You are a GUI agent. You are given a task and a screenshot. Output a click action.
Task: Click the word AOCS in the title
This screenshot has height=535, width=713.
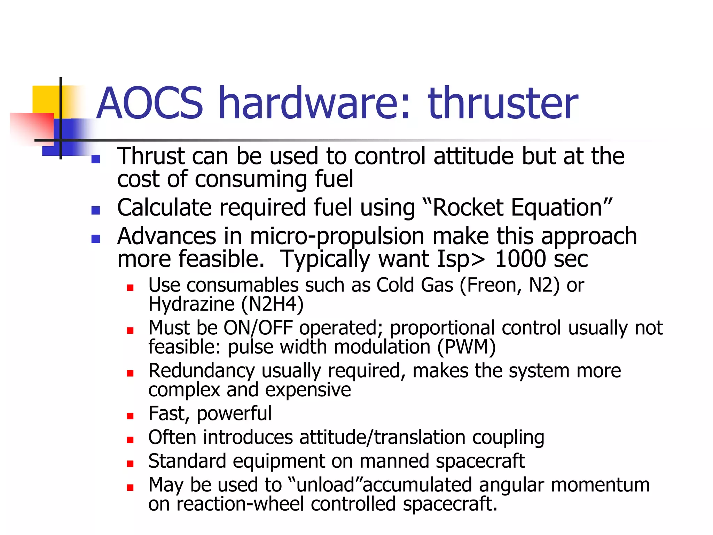click(150, 103)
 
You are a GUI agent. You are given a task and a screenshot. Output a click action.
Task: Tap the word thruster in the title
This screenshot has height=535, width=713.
click(503, 103)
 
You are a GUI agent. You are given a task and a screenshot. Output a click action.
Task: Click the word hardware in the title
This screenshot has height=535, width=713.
click(315, 103)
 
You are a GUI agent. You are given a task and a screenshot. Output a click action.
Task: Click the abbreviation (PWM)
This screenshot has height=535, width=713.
click(466, 347)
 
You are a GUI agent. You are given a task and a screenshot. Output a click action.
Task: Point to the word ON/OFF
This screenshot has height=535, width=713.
click(258, 328)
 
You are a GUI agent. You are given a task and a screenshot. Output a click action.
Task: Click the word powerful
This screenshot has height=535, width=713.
click(234, 414)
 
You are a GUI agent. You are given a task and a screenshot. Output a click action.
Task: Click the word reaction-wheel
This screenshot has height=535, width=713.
click(240, 504)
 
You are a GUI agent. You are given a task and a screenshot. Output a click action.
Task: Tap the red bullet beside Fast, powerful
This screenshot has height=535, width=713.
click(130, 416)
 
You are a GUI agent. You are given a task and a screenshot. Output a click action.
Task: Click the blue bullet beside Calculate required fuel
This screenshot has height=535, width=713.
click(95, 210)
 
